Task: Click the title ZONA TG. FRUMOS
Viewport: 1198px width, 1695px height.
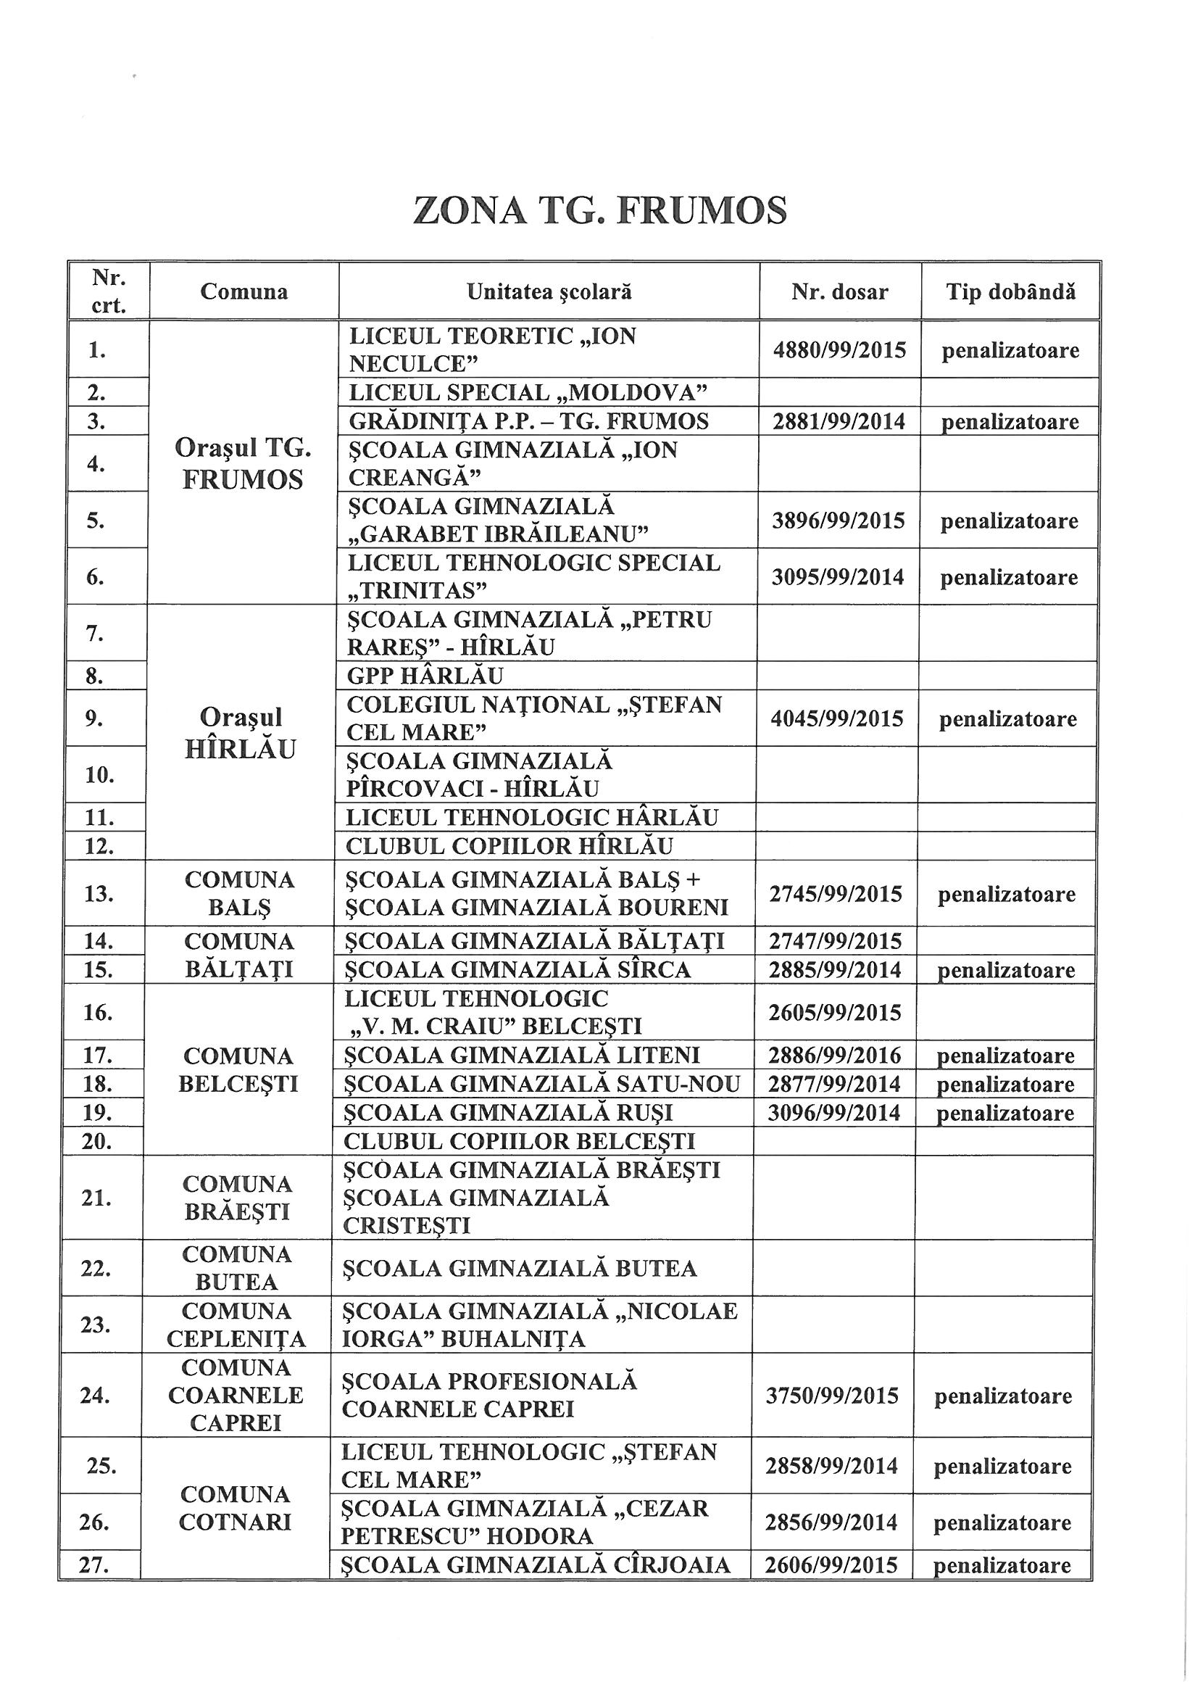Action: point(600,211)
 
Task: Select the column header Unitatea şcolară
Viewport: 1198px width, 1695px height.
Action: point(549,291)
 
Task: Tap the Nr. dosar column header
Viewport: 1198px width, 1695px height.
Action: point(839,292)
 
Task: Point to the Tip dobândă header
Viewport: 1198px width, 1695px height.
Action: point(1010,291)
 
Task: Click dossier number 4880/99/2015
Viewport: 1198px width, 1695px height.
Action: point(839,350)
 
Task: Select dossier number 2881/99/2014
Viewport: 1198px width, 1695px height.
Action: point(839,421)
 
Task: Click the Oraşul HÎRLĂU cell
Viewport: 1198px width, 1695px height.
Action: point(241,733)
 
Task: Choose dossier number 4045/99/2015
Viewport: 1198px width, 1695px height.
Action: point(837,718)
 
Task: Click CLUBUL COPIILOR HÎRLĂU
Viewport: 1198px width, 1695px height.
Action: point(509,846)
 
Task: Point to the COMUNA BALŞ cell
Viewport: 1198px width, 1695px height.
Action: point(239,893)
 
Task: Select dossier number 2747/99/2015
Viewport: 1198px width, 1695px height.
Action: point(836,941)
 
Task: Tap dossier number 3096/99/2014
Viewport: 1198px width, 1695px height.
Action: point(834,1114)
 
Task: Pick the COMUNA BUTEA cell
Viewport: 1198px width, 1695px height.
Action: point(237,1268)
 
